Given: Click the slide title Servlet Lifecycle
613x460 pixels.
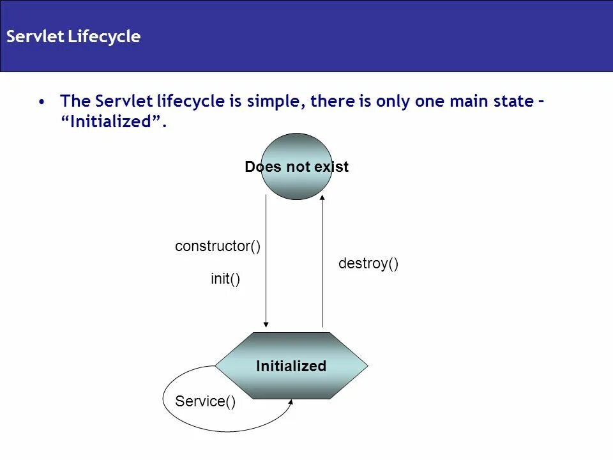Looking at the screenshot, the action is click(x=73, y=37).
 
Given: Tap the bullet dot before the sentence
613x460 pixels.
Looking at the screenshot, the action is click(x=42, y=102).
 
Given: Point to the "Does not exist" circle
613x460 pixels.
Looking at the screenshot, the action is click(x=297, y=167).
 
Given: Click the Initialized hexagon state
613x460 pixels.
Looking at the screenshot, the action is click(x=291, y=366).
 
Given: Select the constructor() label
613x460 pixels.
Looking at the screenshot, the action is click(x=218, y=247).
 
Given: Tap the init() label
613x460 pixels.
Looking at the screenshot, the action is click(x=225, y=279).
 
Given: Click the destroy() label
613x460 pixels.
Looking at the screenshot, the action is click(x=368, y=264).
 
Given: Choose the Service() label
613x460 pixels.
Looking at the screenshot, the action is click(x=205, y=402).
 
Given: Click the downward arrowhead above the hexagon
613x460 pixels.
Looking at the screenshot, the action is click(x=266, y=323).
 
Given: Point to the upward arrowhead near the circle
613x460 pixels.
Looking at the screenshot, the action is click(x=322, y=198).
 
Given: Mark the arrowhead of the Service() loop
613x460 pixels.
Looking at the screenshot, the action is click(x=291, y=402).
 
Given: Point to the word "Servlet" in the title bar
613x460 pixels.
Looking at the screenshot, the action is click(x=34, y=37).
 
